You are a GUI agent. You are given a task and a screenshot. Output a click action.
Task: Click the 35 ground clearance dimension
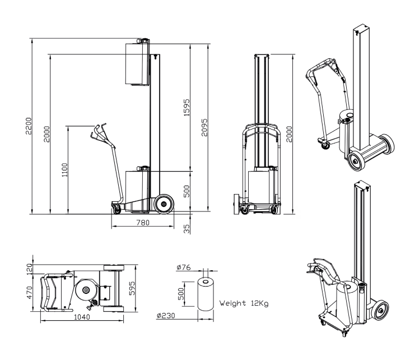coord(187,228)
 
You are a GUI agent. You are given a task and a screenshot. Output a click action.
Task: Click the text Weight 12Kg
coord(245,303)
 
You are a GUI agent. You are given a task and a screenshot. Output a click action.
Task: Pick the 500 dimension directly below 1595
coord(187,191)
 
